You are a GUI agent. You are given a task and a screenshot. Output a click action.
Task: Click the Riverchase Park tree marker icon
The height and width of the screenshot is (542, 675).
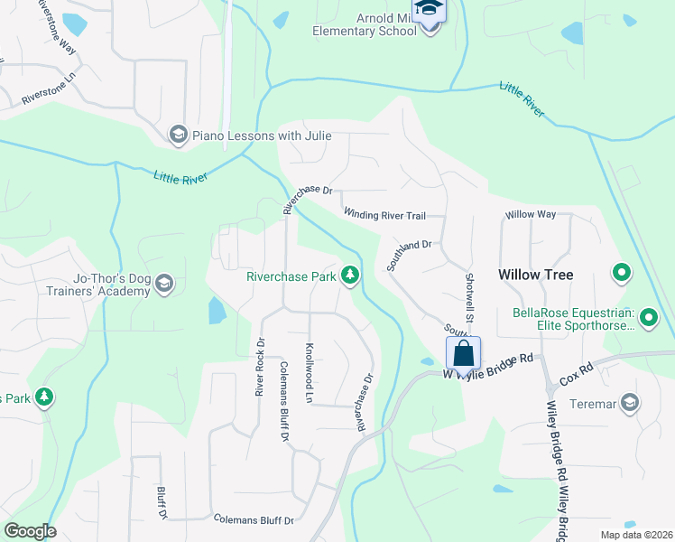pyautogui.click(x=350, y=276)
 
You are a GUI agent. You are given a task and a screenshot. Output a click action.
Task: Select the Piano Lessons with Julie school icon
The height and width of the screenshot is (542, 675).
pyautogui.click(x=177, y=135)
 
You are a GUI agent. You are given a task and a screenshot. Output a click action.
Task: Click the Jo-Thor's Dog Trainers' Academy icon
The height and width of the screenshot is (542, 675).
pyautogui.click(x=163, y=285)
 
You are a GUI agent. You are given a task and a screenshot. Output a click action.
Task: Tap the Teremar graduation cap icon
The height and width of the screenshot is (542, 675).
pyautogui.click(x=629, y=402)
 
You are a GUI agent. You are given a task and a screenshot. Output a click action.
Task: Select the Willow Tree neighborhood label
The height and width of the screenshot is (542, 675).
pyautogui.click(x=535, y=275)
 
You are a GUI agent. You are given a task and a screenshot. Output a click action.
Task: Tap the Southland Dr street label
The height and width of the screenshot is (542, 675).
pyautogui.click(x=411, y=256)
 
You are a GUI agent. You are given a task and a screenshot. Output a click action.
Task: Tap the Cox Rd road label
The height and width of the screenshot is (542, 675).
pyautogui.click(x=576, y=369)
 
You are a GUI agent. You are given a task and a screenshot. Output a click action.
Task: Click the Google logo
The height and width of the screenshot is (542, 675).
pyautogui.click(x=30, y=531)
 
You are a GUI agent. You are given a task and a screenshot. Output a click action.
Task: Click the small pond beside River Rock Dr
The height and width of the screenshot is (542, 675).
pyautogui.click(x=217, y=312)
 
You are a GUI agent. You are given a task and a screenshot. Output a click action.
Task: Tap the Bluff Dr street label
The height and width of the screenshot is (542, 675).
pyautogui.click(x=162, y=500)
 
